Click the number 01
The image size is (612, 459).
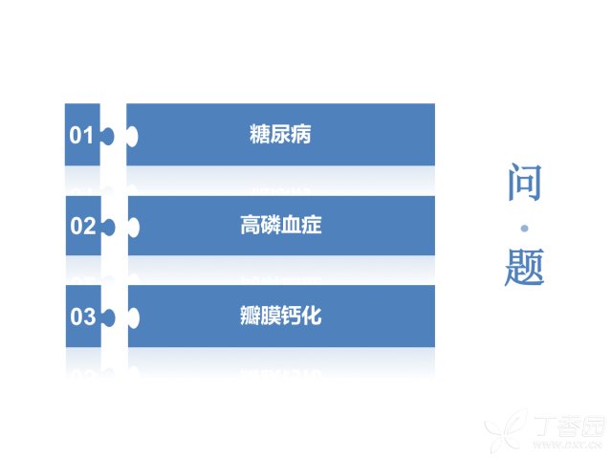(x=81, y=136)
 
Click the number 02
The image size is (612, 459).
(x=83, y=226)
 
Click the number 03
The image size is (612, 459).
(x=83, y=317)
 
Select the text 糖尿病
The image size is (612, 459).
(x=280, y=134)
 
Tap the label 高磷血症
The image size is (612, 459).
(x=281, y=225)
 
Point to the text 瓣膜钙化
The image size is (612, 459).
(x=281, y=316)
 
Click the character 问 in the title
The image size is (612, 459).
(x=525, y=183)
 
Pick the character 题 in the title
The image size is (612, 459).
(x=525, y=268)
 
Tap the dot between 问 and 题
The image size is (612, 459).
(x=525, y=229)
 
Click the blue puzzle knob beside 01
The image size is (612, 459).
(x=108, y=137)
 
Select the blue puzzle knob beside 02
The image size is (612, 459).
(x=108, y=228)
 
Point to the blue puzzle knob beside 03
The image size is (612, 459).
(x=108, y=317)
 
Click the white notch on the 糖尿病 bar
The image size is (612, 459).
(x=132, y=137)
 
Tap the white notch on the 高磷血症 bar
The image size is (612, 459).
(x=134, y=228)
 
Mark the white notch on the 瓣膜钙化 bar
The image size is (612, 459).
(x=134, y=317)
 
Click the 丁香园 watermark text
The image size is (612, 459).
(x=570, y=426)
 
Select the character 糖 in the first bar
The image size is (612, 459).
(x=259, y=134)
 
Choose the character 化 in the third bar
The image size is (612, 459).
(x=312, y=316)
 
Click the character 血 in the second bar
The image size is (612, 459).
(x=291, y=225)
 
